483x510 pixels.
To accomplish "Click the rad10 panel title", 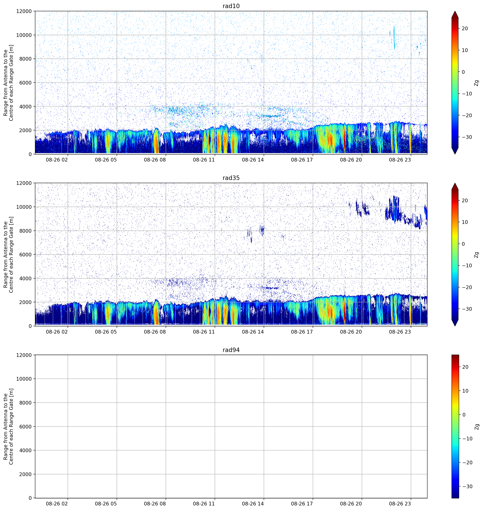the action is tap(231, 6).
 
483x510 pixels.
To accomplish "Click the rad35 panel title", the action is tap(231, 178).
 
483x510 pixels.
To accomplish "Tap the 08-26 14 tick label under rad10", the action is tap(253, 160).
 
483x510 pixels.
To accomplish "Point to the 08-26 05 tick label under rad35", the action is tap(106, 332).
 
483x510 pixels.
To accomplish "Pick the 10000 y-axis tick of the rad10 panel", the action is tap(24, 35).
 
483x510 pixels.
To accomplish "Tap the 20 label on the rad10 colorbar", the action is tap(465, 29).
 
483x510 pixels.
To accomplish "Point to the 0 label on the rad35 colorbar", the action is tap(463, 244).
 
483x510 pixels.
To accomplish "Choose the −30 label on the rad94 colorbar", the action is tap(467, 487).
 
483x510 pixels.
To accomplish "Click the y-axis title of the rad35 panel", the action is tap(8, 254).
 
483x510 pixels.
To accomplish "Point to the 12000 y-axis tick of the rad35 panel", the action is tap(24, 183).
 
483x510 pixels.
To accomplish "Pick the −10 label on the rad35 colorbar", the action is tap(467, 266).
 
